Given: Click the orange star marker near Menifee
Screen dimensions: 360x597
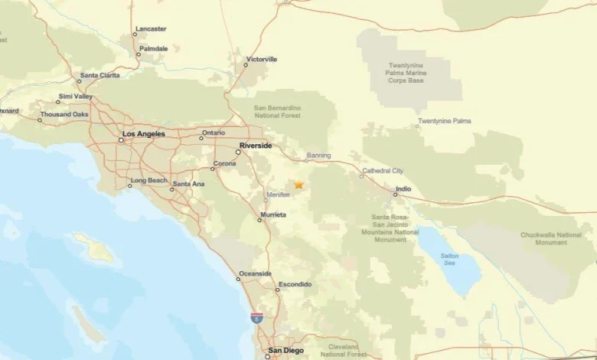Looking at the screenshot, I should pos(298,185).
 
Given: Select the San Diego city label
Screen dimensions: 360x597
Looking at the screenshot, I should pos(285,351).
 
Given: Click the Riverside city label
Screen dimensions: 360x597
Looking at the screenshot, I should pos(255,145).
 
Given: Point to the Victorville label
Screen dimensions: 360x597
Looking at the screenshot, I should pos(261,59).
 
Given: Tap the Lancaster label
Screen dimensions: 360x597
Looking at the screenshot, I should pos(151,29).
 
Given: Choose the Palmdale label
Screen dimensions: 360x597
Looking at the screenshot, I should pos(154,48).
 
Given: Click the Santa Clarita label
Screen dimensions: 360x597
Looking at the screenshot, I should pos(100,75).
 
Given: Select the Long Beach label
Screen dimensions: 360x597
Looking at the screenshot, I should pos(148,180).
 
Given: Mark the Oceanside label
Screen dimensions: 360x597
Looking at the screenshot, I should pos(255,273).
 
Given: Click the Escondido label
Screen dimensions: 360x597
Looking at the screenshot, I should pos(295,284).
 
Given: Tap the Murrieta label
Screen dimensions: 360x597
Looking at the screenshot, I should pos(273,214).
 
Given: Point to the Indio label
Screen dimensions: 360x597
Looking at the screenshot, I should pos(403,188).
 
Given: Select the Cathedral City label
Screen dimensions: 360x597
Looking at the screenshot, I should pos(382,171).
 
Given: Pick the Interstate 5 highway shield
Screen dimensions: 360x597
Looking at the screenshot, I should pos(256,316).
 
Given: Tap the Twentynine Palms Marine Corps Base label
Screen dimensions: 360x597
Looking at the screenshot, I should pos(409,73).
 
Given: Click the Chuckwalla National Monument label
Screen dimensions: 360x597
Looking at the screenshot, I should pos(550,238).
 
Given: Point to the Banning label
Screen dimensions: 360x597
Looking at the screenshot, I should pos(318,155).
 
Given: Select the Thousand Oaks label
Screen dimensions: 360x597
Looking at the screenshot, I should pos(64,114).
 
